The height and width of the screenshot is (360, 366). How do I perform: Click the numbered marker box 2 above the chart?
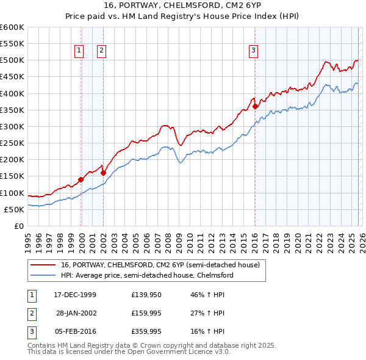[101, 51]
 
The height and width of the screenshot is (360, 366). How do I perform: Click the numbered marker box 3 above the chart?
[253, 51]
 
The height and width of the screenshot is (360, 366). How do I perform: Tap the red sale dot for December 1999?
[81, 179]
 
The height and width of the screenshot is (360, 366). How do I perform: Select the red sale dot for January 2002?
[103, 173]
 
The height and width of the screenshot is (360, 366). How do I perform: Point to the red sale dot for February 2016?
[255, 106]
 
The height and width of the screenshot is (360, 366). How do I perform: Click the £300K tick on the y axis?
[12, 126]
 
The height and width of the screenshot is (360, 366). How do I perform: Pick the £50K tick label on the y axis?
[14, 209]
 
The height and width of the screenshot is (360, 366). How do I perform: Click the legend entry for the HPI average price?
[147, 275]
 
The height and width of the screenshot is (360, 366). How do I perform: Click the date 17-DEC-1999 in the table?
[75, 295]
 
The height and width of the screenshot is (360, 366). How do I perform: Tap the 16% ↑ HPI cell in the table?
[207, 331]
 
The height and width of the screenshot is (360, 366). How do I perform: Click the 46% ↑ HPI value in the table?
[207, 295]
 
